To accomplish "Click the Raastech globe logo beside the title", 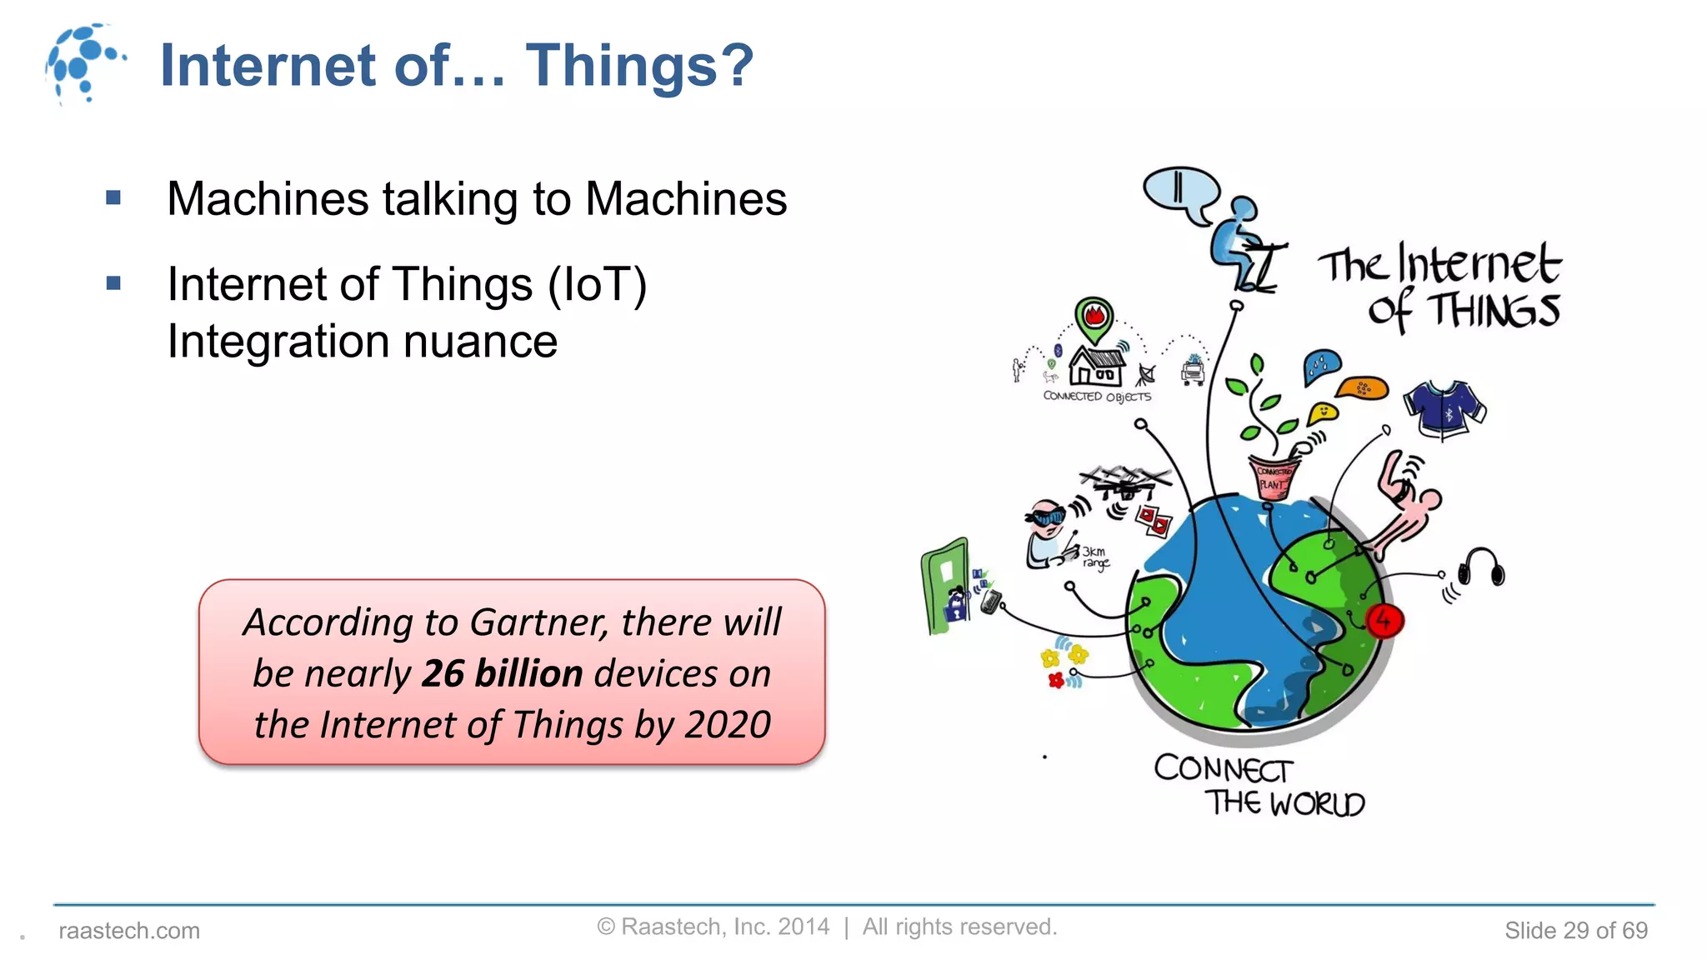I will pos(84,63).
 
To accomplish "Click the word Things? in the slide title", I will pos(639,65).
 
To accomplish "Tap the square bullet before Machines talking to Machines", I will pos(114,198).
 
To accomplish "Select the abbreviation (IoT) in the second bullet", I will pos(597,284).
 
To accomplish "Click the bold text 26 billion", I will pos(502,673).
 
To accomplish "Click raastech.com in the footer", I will pos(129,931).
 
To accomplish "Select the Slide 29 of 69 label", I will pos(1575,931).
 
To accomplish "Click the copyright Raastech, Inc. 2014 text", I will pos(713,927).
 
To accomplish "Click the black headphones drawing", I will pos(1482,569).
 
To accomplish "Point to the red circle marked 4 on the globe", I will pos(1384,621).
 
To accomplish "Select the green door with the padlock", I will pos(946,585).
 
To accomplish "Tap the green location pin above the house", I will pos(1094,319).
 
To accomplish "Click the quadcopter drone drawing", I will pos(1126,481).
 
